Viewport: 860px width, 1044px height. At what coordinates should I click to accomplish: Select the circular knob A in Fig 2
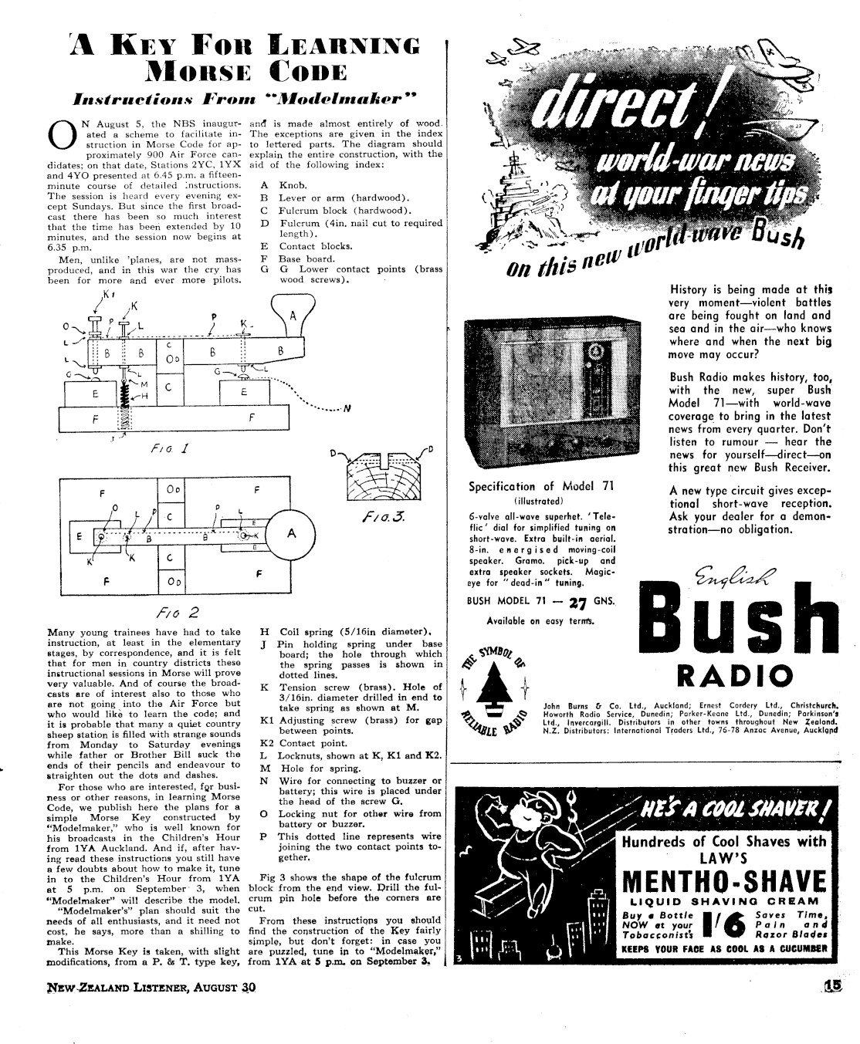291,533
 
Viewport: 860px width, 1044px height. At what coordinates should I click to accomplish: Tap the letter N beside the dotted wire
347,409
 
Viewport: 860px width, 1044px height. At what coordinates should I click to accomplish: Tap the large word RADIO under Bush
734,676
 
